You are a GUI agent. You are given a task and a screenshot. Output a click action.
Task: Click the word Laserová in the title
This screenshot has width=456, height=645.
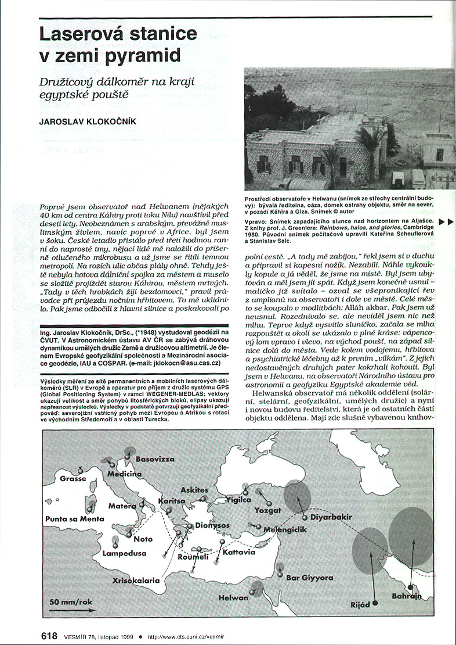(79, 34)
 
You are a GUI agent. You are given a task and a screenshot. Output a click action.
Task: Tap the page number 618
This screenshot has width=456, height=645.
(50, 636)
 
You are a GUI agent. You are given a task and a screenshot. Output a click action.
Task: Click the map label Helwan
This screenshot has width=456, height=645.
(234, 597)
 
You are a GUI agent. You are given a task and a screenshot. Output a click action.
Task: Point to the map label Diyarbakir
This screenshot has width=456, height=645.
(339, 516)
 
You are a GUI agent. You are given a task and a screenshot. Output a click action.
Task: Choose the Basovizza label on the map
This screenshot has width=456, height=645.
(155, 459)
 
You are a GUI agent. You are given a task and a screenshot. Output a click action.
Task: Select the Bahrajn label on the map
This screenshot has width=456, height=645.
(407, 597)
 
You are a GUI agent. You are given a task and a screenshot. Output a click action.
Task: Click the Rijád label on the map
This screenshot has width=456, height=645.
(360, 605)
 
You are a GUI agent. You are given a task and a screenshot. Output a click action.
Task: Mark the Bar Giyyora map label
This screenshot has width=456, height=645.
(310, 578)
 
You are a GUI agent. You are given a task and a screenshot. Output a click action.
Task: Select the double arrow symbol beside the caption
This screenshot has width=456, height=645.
(445, 222)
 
